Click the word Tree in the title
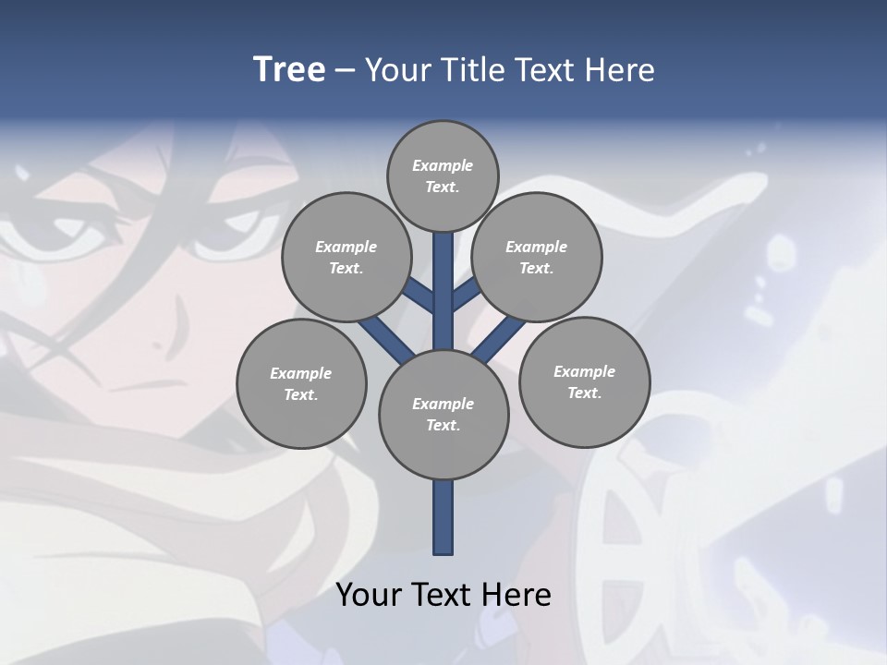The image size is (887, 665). [x=289, y=69]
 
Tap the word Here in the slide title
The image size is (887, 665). [x=624, y=69]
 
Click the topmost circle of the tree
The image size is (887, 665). [x=443, y=175]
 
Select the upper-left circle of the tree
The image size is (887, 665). [x=346, y=257]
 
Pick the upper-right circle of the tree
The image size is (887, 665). [x=537, y=257]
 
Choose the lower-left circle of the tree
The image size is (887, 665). [x=301, y=383]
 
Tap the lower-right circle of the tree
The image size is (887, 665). [x=584, y=381]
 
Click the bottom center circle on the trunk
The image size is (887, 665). [x=443, y=414]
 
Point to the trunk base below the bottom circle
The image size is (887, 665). [x=443, y=517]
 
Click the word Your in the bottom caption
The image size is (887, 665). [x=368, y=594]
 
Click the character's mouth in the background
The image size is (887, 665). [x=148, y=384]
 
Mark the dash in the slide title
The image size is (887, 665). [x=345, y=70]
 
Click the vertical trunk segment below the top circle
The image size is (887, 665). [x=443, y=277]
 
